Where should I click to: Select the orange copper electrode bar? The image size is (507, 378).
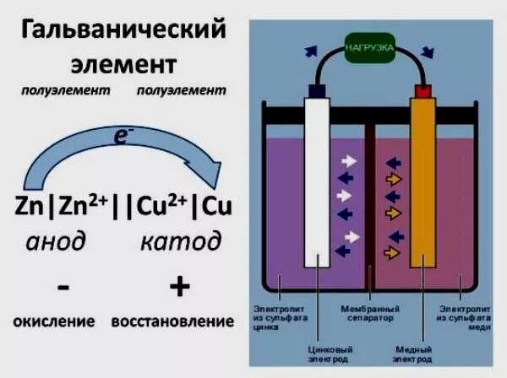[421, 181]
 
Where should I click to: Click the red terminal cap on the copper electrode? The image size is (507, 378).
[421, 89]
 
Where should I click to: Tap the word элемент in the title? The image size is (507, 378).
[124, 65]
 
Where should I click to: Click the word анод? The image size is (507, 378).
[56, 241]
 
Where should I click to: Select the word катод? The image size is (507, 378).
[180, 241]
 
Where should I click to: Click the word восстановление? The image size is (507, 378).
[172, 321]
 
